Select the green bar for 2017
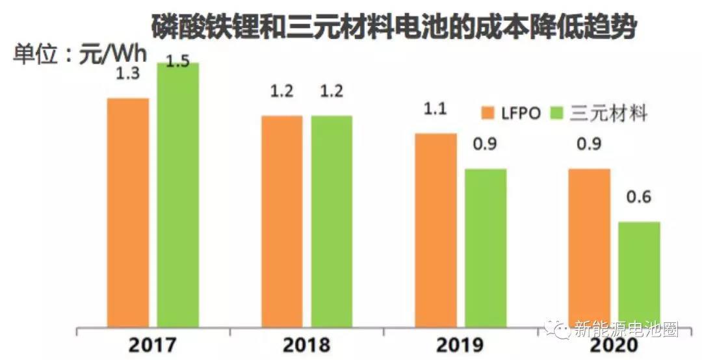click(177, 195)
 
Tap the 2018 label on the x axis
click(307, 344)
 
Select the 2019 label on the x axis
click(460, 344)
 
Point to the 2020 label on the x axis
click(614, 345)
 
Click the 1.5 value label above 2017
click(177, 62)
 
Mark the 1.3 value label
click(127, 74)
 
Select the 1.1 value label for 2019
click(435, 109)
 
